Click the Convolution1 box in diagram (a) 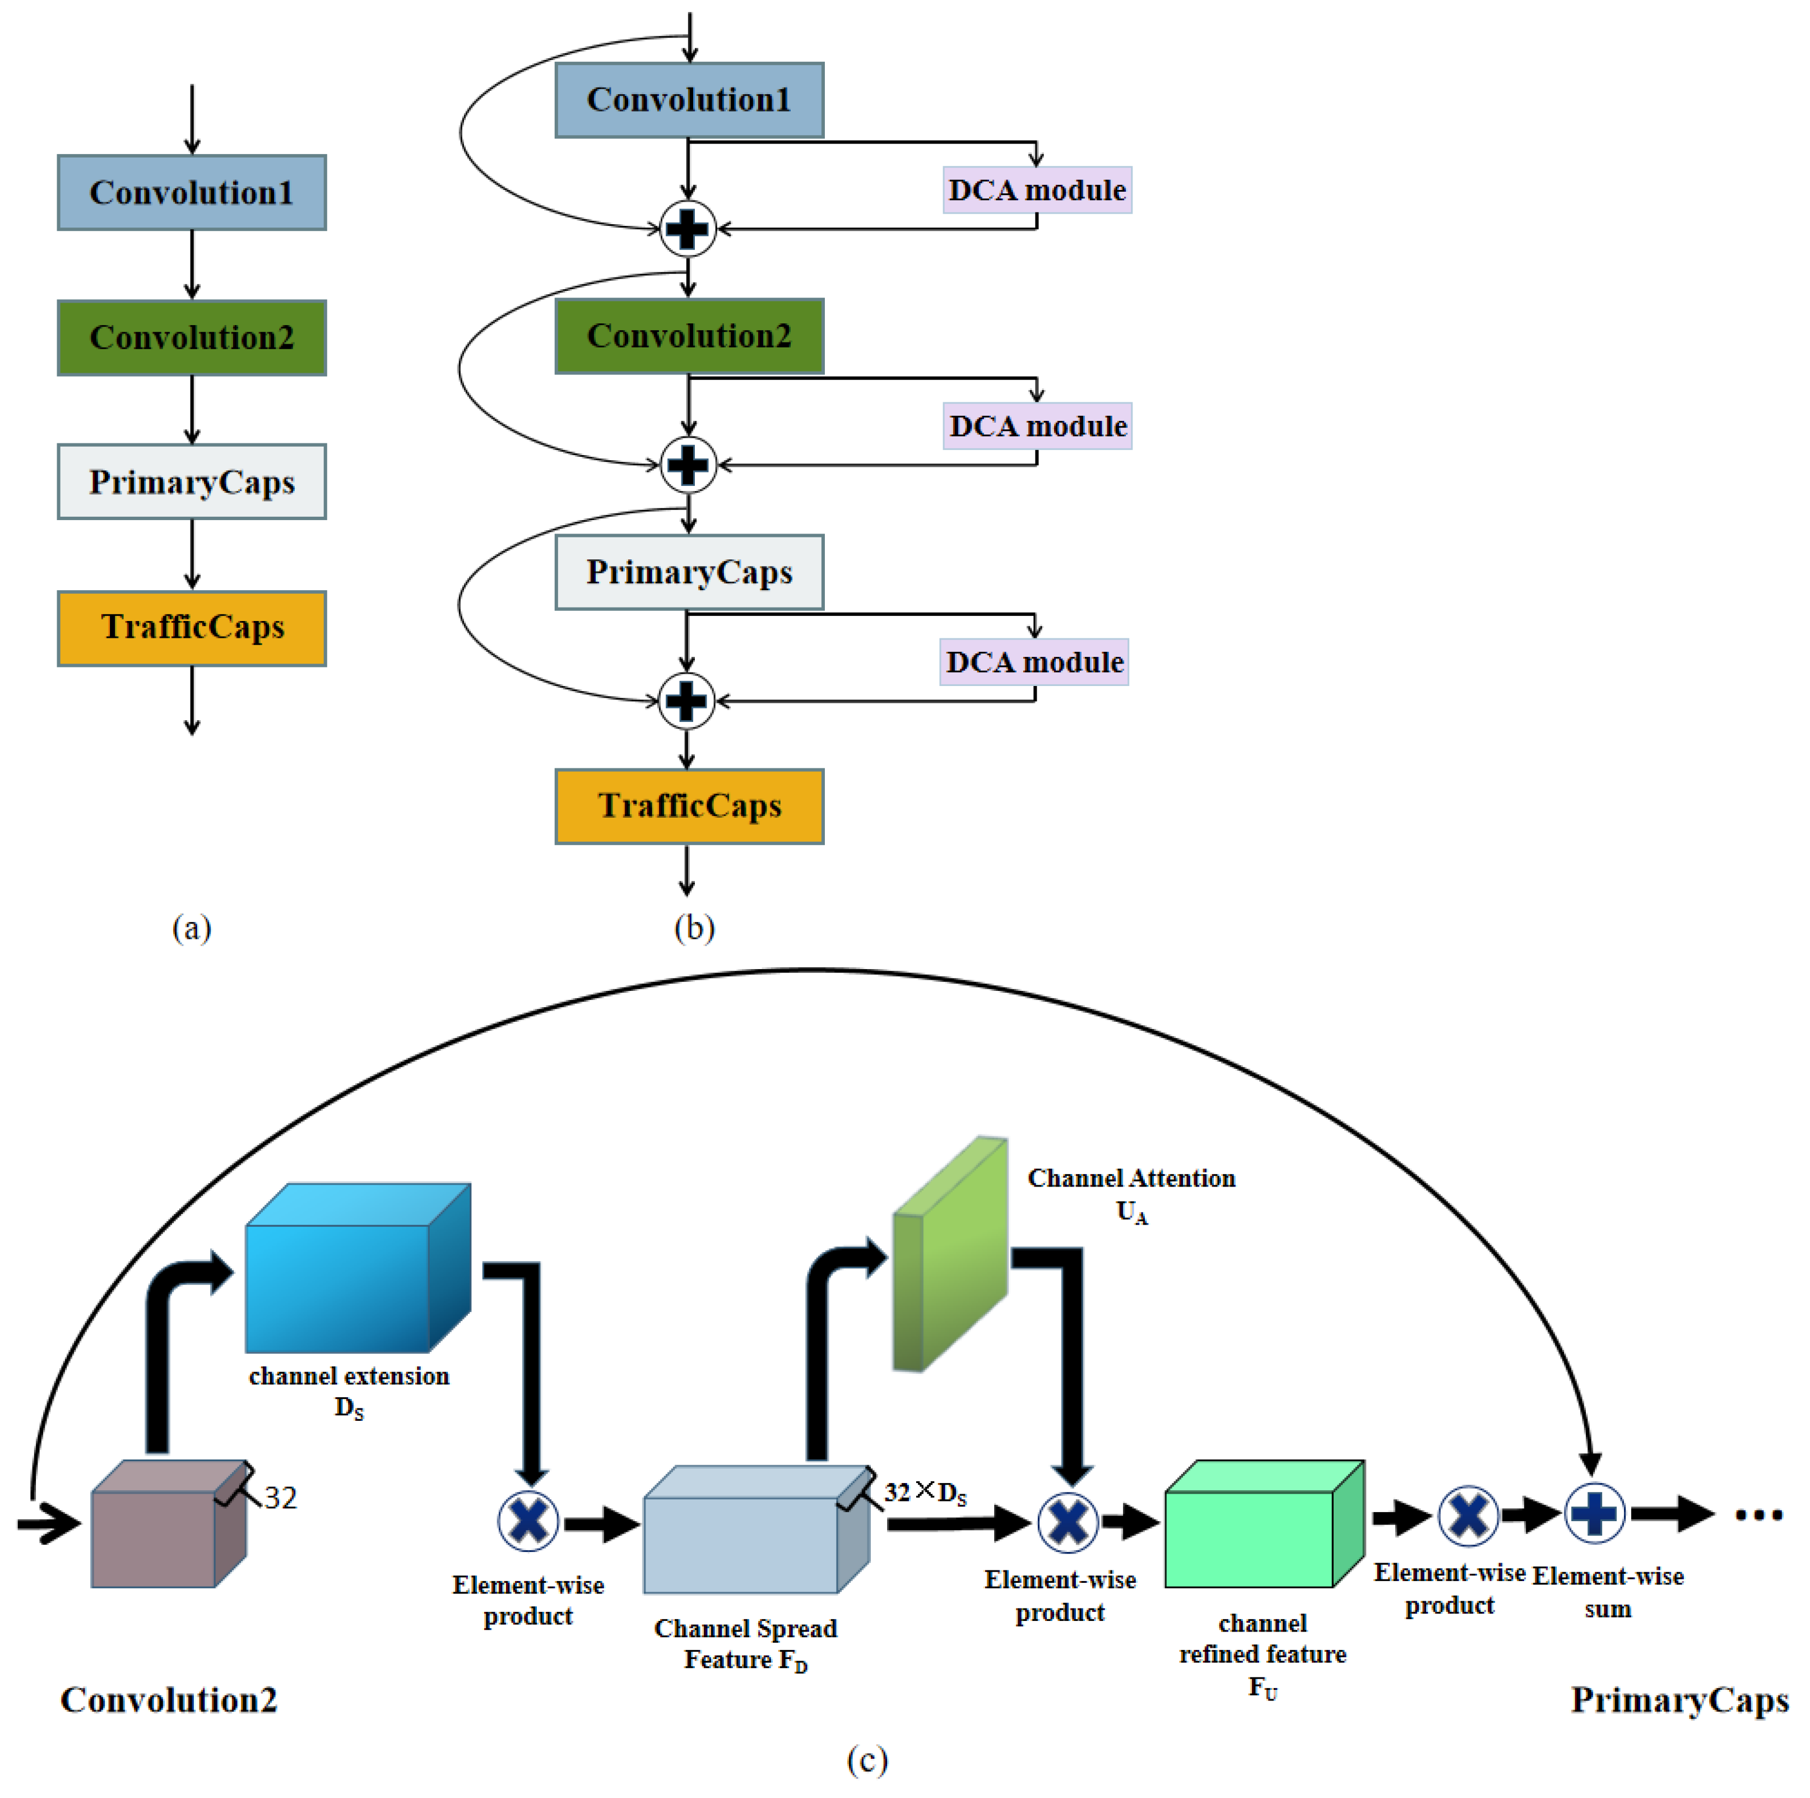(x=192, y=192)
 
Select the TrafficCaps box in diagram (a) (x=192, y=628)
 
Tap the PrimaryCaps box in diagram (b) (x=689, y=572)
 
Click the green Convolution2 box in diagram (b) (x=689, y=336)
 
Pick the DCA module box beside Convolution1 (x=1037, y=190)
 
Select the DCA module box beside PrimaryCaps (x=1034, y=662)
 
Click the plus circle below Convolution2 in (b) (x=689, y=465)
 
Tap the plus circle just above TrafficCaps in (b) (x=686, y=701)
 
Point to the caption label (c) (x=866, y=1759)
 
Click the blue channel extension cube (x=356, y=1269)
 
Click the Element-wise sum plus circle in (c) (x=1594, y=1513)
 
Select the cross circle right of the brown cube (x=528, y=1520)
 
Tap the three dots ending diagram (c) (x=1758, y=1515)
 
